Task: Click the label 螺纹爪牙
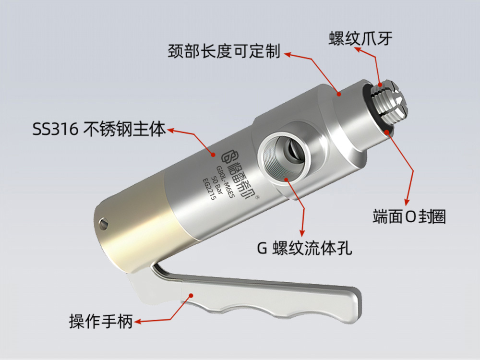[360, 39]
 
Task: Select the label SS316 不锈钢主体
[98, 129]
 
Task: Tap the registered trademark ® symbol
[258, 197]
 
